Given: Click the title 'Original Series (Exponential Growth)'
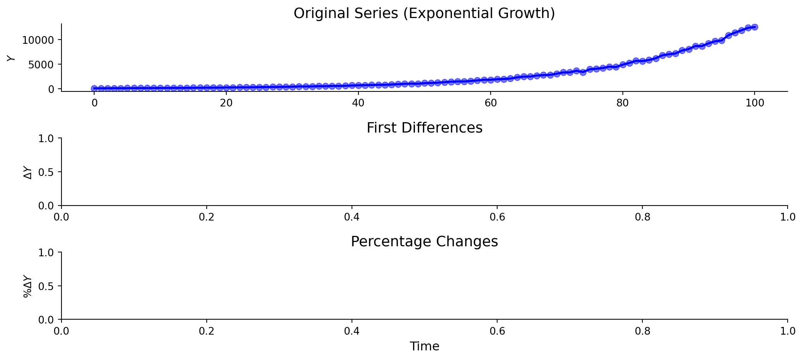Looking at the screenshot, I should click(424, 13).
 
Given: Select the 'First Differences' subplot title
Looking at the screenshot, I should click(424, 128).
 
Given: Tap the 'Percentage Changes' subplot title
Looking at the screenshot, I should click(424, 242).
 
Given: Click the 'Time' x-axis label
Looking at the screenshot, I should click(424, 347).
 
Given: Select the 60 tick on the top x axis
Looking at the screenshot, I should click(490, 103).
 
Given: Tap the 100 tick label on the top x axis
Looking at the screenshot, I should click(754, 103).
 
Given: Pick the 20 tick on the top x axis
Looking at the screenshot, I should click(226, 103).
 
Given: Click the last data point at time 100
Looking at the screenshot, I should click(754, 27).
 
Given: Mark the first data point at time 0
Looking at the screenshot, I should click(95, 88).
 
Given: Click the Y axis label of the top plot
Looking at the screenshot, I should click(11, 58).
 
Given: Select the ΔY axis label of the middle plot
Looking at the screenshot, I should click(28, 172).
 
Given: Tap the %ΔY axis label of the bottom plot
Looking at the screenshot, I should click(27, 286).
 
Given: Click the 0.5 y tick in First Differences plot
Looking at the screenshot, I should click(47, 172).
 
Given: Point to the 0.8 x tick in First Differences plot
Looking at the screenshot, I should click(642, 217).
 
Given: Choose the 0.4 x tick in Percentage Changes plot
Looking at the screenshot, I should click(352, 331).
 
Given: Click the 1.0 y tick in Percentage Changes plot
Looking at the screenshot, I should click(47, 252).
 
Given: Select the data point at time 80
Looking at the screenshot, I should click(622, 65).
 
